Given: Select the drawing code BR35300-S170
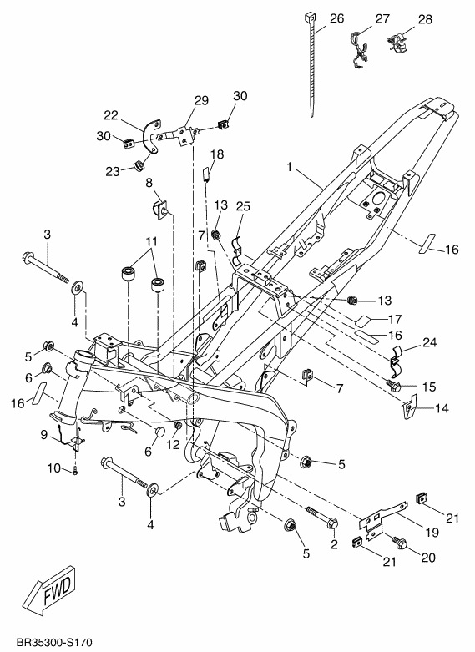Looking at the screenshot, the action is point(54,643).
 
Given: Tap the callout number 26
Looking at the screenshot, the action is point(337,18).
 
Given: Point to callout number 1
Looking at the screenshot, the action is point(290,167).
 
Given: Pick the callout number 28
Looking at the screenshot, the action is point(425,19).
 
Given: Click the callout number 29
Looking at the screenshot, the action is point(201,101).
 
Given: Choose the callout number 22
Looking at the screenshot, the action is point(111,115).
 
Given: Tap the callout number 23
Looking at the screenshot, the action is point(113,171).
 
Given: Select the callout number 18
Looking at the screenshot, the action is point(217,154).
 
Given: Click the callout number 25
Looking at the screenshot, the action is point(243,206).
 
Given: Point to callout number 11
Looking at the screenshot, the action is point(151,241).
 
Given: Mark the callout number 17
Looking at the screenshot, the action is point(395,319).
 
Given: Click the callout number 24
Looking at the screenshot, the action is point(430,342).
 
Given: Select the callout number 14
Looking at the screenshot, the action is point(442,408).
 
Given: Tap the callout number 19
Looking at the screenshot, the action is point(432,532).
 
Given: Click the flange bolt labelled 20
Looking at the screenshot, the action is point(398,543).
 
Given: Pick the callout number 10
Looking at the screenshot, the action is point(54,468).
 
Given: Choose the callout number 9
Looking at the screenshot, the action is point(44,435).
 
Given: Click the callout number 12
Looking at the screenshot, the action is point(173,444).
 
